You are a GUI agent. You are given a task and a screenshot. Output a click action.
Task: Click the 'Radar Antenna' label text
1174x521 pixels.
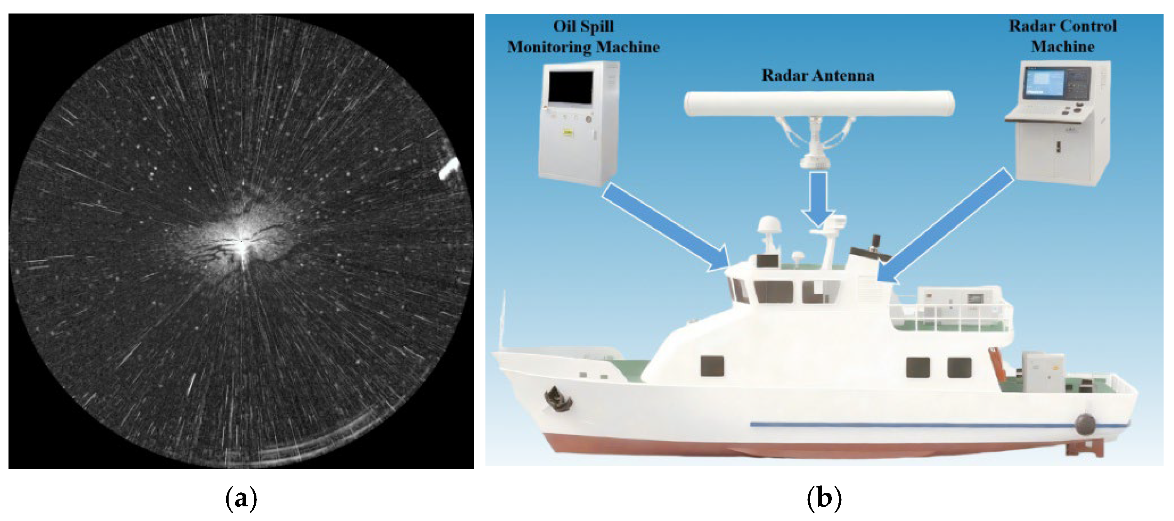click(x=818, y=75)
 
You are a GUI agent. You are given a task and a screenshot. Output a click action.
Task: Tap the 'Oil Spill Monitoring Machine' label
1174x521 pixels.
click(x=584, y=36)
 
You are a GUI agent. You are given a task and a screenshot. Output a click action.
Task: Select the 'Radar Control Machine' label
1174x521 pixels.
click(x=1063, y=36)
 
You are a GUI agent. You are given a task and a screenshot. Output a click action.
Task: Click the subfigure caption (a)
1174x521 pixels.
click(x=241, y=498)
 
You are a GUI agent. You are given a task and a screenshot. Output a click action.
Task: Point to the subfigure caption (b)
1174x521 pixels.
click(x=824, y=498)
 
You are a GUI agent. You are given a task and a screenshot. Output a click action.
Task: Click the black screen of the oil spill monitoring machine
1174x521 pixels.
click(x=571, y=86)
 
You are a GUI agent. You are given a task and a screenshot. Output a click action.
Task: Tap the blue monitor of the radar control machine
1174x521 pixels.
click(x=1043, y=83)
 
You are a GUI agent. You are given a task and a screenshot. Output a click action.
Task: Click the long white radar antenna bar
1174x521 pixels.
click(x=819, y=103)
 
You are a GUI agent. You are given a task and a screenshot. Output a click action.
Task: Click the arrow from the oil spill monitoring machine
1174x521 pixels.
click(x=665, y=228)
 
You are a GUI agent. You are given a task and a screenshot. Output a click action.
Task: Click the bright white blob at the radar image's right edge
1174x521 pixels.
click(x=449, y=169)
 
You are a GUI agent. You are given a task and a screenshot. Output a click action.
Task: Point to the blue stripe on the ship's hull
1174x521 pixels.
click(x=911, y=425)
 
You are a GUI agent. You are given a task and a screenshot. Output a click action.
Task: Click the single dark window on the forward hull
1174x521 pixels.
click(x=712, y=366)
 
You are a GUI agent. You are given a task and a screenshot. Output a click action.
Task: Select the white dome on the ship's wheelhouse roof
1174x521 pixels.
click(x=769, y=225)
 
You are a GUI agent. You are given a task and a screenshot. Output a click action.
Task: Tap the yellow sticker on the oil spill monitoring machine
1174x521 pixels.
click(x=568, y=132)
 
